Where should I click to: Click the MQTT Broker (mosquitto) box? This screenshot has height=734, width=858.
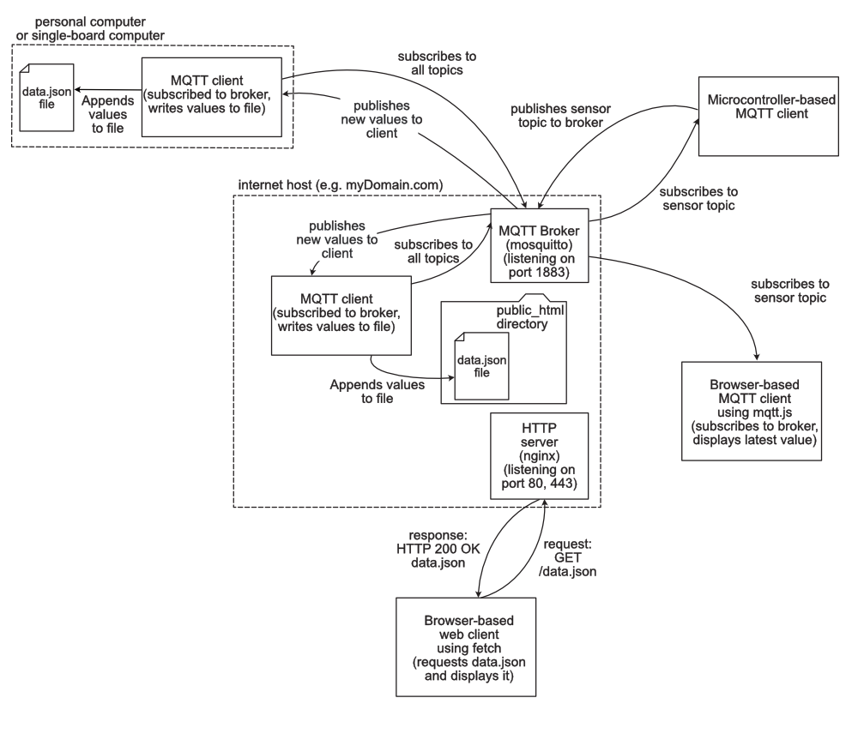(x=540, y=245)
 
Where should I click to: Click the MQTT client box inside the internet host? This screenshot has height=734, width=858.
(x=341, y=315)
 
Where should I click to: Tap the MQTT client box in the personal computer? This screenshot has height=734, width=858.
(x=211, y=96)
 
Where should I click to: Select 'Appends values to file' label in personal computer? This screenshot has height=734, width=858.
(x=106, y=113)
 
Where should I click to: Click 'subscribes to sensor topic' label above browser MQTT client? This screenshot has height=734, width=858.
(x=788, y=291)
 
